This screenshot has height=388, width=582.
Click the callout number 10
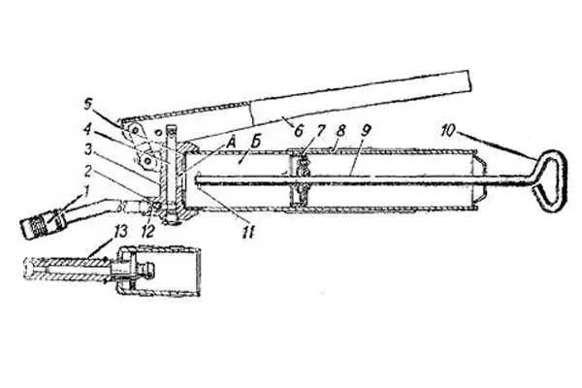coord(449,130)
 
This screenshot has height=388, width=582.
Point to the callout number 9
coord(366,130)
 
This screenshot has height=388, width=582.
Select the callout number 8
coord(341,130)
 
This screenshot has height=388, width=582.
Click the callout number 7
coord(321,130)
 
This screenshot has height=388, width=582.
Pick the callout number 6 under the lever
coord(299,131)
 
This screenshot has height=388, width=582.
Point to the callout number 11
coord(248,233)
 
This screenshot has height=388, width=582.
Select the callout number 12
coord(147,232)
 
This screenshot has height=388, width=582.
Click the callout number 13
coord(120,231)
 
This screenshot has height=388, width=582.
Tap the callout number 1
coord(85,192)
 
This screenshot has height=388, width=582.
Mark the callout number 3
coord(88,151)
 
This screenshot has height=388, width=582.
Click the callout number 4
coord(87,131)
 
